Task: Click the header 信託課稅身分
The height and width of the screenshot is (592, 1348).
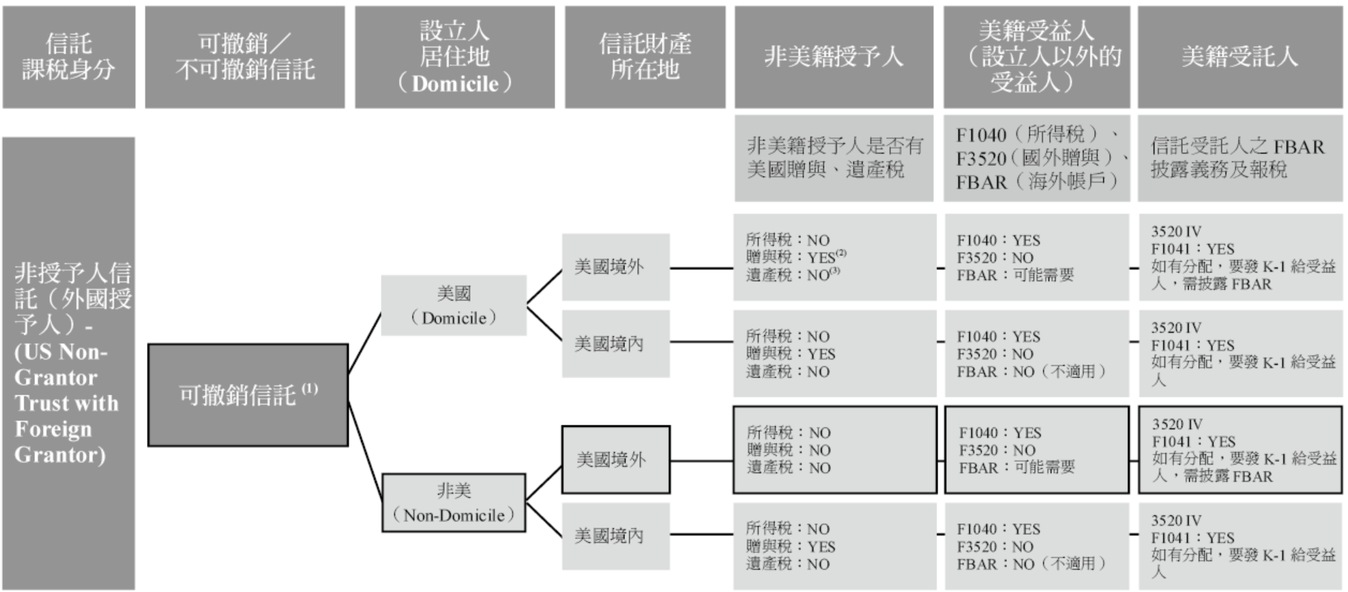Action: point(69,56)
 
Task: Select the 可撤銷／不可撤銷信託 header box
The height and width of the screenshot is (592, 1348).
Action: point(245,56)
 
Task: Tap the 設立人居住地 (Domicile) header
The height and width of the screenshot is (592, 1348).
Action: point(454,56)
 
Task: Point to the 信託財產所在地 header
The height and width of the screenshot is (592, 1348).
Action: point(644,56)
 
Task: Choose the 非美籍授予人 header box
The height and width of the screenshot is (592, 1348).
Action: point(833,56)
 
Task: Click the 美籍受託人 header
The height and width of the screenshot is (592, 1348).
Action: point(1239,56)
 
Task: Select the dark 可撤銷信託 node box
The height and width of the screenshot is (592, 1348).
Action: point(247,395)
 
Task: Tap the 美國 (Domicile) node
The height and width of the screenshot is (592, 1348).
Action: point(453,305)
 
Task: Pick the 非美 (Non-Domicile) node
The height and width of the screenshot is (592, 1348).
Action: point(453,503)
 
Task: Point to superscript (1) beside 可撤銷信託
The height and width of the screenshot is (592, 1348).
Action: point(310,389)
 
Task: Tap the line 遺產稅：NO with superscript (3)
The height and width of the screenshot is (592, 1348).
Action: point(792,275)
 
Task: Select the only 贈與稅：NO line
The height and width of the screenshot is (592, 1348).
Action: point(788,450)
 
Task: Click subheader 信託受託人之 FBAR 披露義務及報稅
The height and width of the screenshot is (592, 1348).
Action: point(1237,158)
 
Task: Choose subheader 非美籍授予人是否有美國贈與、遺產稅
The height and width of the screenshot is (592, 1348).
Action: point(834,158)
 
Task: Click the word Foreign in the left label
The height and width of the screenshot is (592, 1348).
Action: point(53,429)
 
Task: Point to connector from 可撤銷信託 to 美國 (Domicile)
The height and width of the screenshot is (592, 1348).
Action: point(365,343)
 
